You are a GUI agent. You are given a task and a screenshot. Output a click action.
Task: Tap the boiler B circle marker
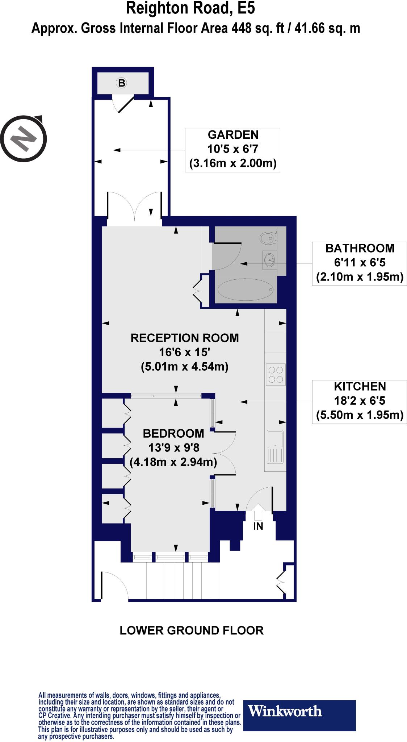(122, 83)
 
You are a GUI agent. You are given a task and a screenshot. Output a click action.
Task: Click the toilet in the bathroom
(267, 238)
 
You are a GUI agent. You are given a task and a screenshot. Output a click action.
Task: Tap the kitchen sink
(275, 447)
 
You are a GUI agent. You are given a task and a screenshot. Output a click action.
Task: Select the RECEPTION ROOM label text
(185, 338)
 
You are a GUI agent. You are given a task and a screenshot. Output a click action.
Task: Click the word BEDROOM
(173, 433)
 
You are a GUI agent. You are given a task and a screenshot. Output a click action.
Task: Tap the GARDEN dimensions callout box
(232, 150)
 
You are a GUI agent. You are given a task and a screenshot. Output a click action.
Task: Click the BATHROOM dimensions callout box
(360, 263)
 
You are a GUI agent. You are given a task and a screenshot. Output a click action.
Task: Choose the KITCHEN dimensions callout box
(360, 401)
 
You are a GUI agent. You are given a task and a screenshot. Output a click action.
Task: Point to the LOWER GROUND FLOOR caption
(192, 631)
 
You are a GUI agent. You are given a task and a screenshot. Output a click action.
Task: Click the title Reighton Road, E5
(190, 9)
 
